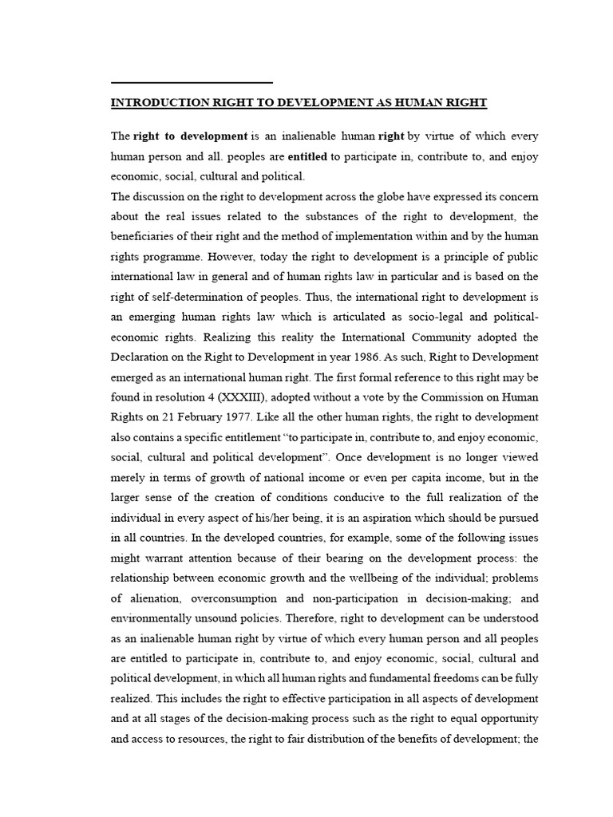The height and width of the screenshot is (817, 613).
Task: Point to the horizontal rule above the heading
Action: pos(192,82)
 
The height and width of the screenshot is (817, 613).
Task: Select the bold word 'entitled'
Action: pos(307,156)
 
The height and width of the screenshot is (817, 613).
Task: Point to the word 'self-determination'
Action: pos(185,296)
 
